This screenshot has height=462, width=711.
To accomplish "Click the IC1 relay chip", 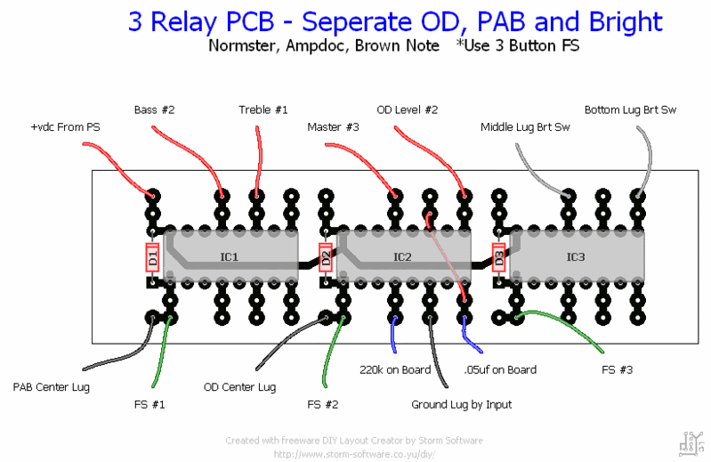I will [x=230, y=257].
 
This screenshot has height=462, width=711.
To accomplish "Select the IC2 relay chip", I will [x=403, y=257].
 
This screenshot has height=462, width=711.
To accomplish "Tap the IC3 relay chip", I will [x=576, y=257].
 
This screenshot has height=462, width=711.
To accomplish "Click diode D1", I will [x=152, y=258].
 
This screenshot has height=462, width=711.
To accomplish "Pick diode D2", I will [x=326, y=258].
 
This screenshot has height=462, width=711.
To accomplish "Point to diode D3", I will [x=498, y=258].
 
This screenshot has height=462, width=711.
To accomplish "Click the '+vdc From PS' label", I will [x=65, y=128].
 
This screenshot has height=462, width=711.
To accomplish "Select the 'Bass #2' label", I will [x=154, y=110].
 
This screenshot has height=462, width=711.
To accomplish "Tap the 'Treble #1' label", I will [x=263, y=110].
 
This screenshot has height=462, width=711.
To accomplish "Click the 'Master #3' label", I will [x=333, y=128].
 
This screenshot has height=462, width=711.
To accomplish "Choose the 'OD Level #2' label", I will [x=408, y=110].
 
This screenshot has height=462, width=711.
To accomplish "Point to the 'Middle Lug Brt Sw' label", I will [x=524, y=128].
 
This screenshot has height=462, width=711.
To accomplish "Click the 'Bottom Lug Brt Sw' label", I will [x=630, y=110].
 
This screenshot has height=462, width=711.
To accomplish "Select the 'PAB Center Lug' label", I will [x=51, y=387].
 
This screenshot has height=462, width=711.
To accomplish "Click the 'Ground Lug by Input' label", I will [x=461, y=405].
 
